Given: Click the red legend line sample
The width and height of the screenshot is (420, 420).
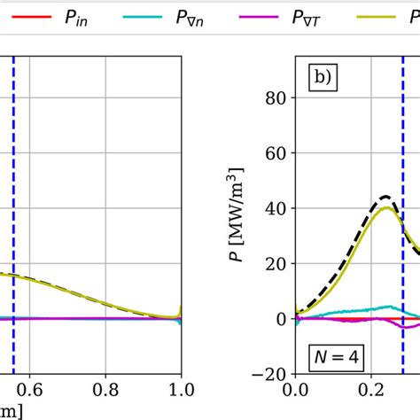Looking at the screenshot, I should [x=31, y=17].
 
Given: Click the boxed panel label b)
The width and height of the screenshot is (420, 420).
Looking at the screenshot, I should [x=322, y=78].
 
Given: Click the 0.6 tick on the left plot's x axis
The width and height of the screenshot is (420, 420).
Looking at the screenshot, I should [x=31, y=388].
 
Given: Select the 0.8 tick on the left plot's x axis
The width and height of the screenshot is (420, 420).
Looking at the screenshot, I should [x=106, y=388].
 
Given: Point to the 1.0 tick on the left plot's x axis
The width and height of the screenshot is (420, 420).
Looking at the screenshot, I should [x=181, y=388].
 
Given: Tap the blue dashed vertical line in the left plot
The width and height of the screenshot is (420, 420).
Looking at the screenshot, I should [x=13, y=177].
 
